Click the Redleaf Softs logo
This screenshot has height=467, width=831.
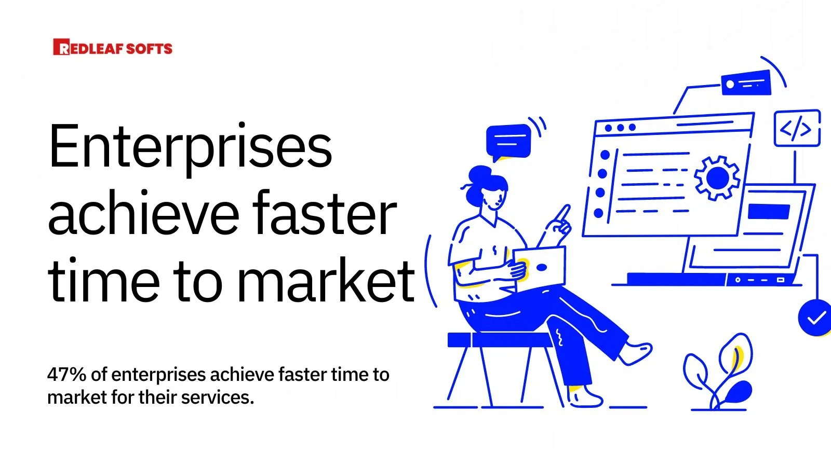113,48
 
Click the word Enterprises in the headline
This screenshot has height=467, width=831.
190,147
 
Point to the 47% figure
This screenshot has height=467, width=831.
66,375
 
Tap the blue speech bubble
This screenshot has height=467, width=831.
508,140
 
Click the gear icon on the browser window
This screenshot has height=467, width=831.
717,178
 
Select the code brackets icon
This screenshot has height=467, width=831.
796,128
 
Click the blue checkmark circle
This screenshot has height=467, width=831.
815,317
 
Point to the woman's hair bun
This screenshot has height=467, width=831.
479,174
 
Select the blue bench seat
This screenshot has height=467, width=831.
499,340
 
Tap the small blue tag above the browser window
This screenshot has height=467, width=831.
746,83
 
